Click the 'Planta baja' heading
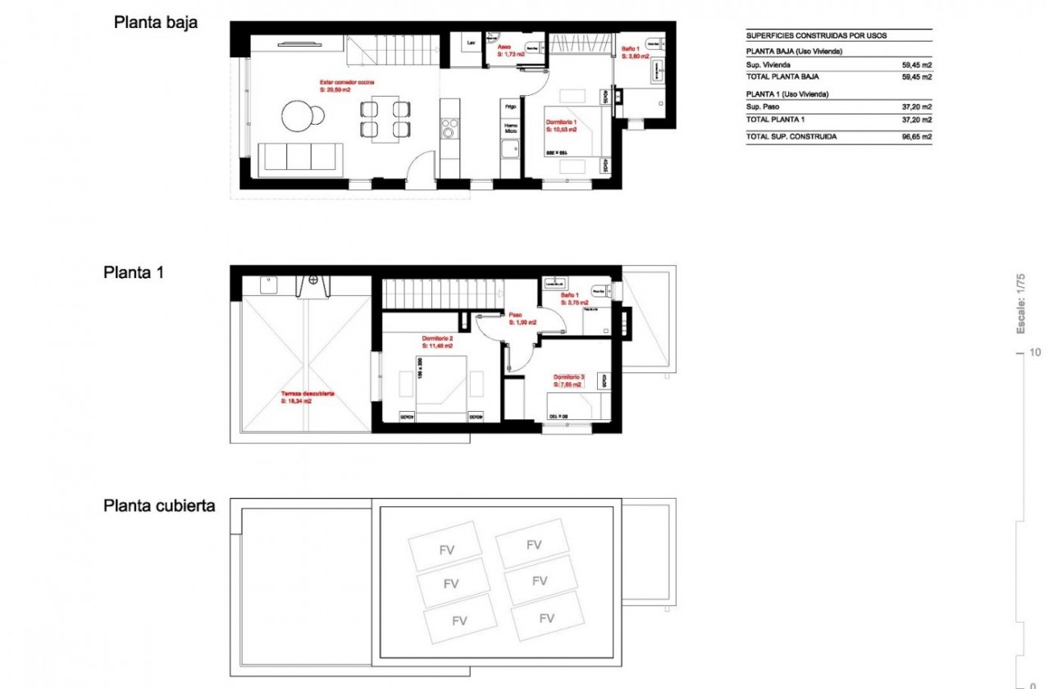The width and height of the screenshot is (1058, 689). (x=155, y=23)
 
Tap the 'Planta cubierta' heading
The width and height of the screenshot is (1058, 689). (x=159, y=505)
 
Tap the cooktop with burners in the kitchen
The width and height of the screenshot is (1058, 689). (x=449, y=128)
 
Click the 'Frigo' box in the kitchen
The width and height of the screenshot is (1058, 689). (x=510, y=106)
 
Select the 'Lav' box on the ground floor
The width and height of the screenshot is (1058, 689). (x=471, y=43)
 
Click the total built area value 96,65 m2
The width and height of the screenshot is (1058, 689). (x=915, y=137)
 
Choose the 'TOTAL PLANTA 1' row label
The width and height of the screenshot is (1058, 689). (x=775, y=120)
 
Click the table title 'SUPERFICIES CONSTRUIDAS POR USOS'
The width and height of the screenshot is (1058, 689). (x=816, y=36)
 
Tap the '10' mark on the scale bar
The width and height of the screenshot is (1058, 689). (x=1035, y=353)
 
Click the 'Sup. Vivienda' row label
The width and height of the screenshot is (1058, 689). (x=768, y=65)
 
